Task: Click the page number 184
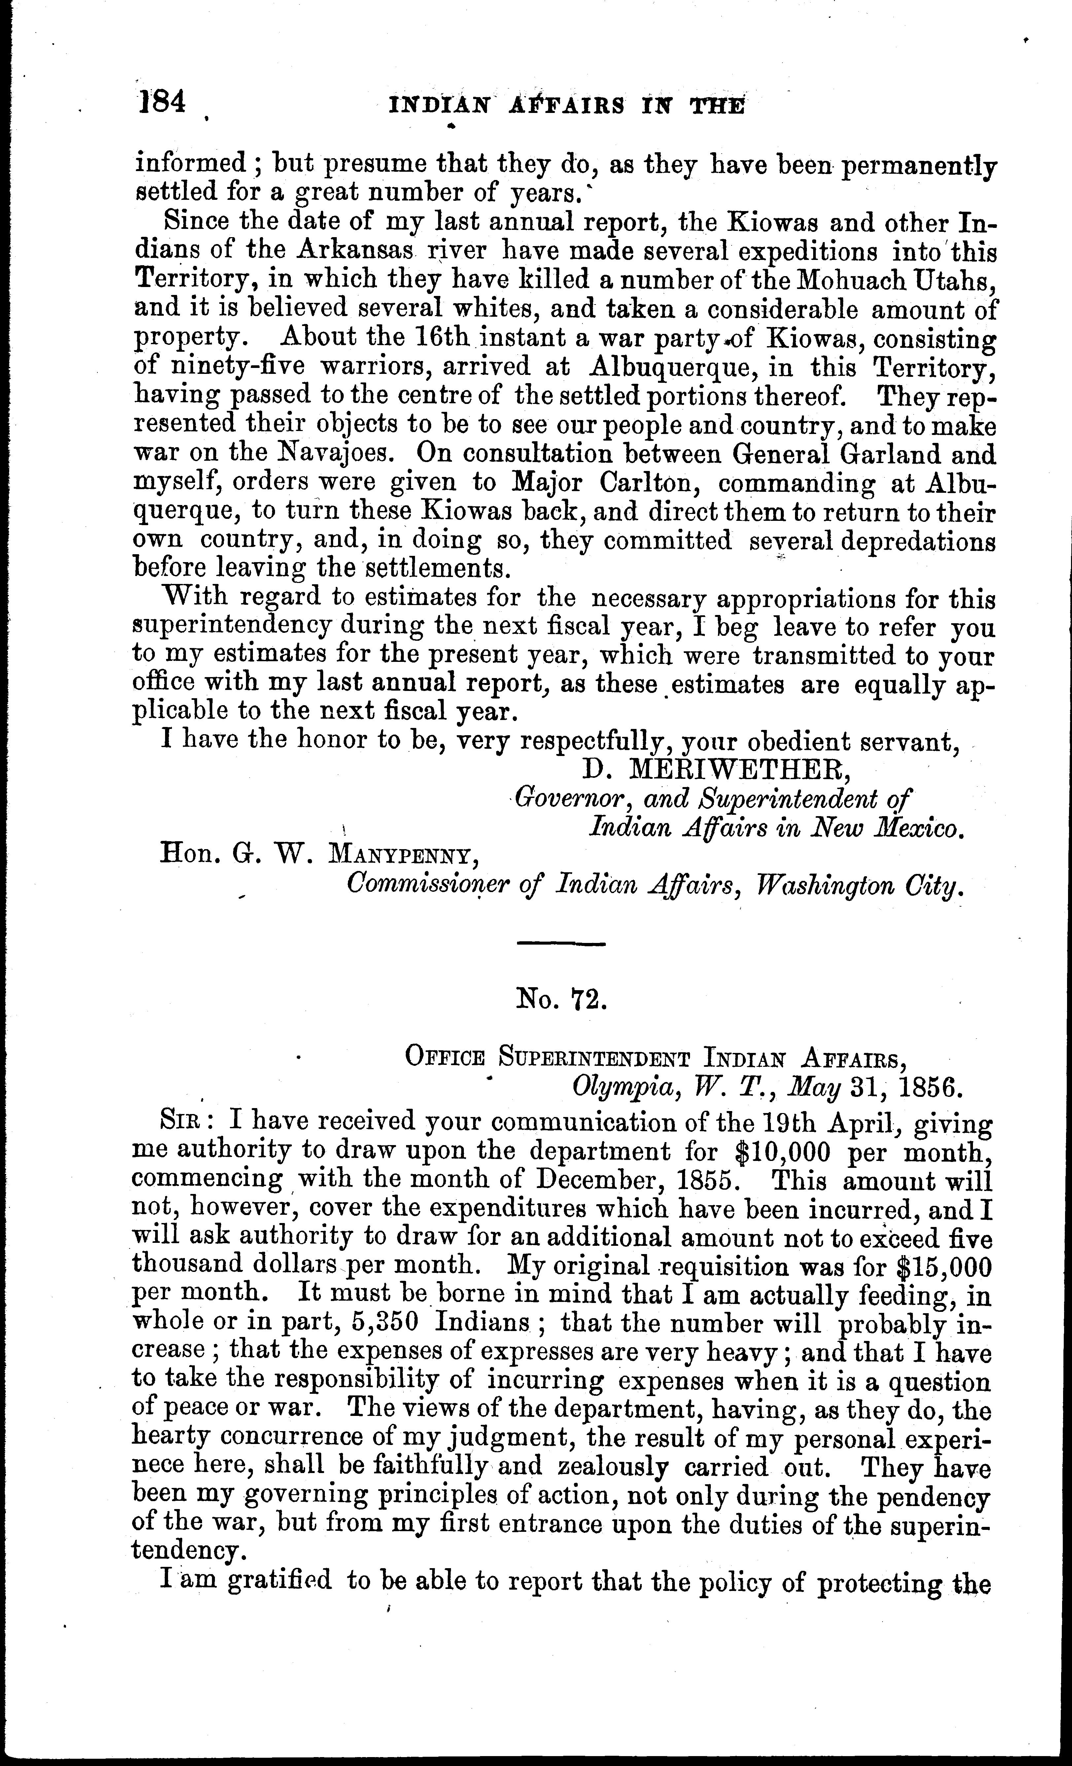162,102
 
